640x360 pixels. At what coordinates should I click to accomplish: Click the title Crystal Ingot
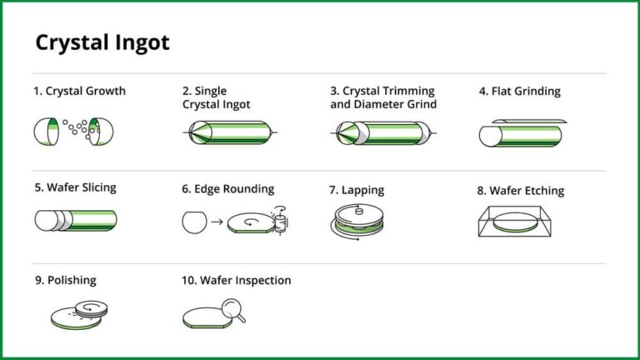(102, 42)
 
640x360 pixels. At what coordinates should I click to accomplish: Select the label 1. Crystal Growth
(80, 91)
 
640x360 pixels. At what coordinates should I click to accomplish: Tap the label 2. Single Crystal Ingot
(217, 97)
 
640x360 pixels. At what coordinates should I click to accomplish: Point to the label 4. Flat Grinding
(519, 91)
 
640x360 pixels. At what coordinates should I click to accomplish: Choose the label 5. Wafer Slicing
(76, 187)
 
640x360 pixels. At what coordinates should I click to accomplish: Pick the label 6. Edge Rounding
(227, 189)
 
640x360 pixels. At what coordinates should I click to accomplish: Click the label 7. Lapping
(357, 190)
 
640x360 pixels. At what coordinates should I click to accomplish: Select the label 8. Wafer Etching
(520, 190)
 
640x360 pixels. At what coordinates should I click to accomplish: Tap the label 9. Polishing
(66, 281)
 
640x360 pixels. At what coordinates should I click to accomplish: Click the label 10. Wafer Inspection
(237, 281)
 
